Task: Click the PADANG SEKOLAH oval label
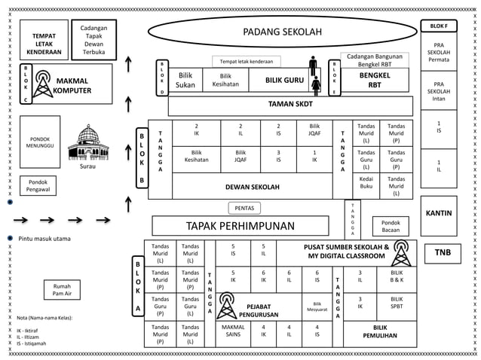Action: click(282, 32)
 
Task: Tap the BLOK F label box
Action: click(439, 26)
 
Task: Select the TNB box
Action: click(442, 253)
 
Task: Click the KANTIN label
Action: click(439, 213)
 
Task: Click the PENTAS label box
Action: click(244, 208)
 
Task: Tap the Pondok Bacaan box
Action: click(391, 227)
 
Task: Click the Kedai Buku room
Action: click(366, 183)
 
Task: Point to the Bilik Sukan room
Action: click(185, 80)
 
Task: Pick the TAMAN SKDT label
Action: click(292, 105)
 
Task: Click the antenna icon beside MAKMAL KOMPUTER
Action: click(43, 82)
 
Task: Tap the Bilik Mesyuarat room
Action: click(317, 306)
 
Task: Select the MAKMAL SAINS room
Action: click(234, 331)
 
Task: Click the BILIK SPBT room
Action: click(397, 304)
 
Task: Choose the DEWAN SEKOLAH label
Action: click(253, 187)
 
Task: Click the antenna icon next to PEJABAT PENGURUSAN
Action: click(225, 305)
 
